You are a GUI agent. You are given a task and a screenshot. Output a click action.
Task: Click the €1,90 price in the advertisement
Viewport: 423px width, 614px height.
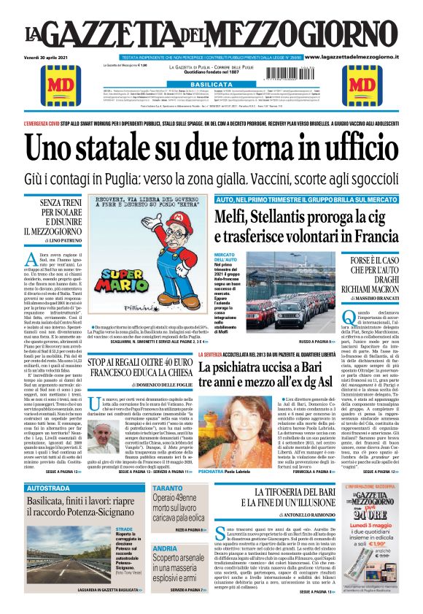tap(379, 565)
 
